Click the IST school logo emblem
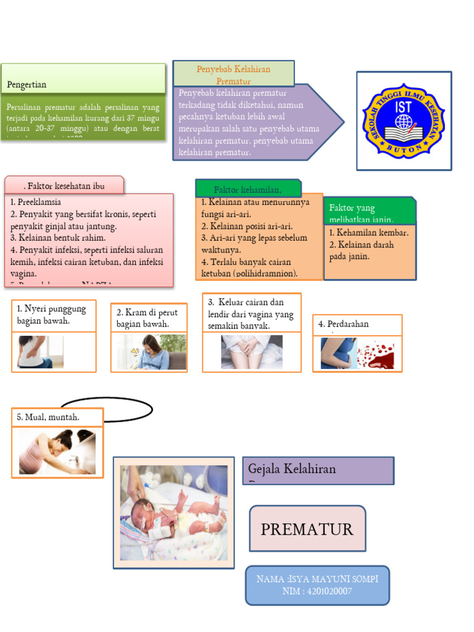click(x=404, y=121)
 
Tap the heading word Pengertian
click(x=27, y=85)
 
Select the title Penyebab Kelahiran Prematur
click(x=234, y=74)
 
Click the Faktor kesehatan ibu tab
click(x=64, y=186)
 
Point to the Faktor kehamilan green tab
click(x=248, y=189)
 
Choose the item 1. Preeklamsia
click(x=36, y=202)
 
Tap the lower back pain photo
click(x=41, y=352)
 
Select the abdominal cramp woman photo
click(x=149, y=352)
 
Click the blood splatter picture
click(x=376, y=354)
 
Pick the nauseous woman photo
click(x=57, y=452)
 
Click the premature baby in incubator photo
click(x=173, y=513)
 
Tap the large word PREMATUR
click(x=307, y=529)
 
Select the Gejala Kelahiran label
click(x=292, y=469)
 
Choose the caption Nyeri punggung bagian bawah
click(x=51, y=314)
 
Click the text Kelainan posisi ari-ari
click(x=247, y=226)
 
